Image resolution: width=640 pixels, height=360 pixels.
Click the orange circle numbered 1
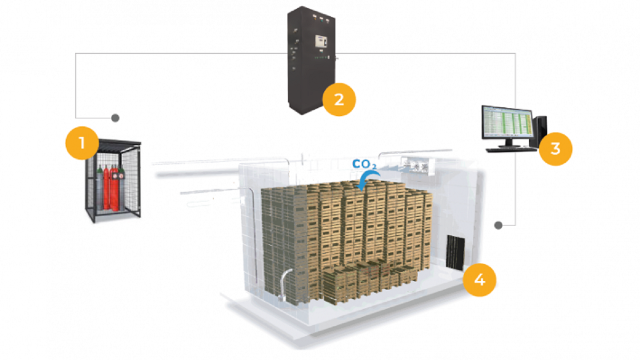[x=82, y=143]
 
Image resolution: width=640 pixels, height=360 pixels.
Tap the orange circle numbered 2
[x=338, y=99]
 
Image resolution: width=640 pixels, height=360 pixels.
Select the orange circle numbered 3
[x=555, y=148]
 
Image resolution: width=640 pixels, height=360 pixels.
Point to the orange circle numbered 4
[x=479, y=279]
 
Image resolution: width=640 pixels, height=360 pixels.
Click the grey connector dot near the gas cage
[x=115, y=117]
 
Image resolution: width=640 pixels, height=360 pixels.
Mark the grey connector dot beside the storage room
[x=498, y=225]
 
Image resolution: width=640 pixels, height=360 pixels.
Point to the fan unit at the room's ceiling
[x=415, y=166]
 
